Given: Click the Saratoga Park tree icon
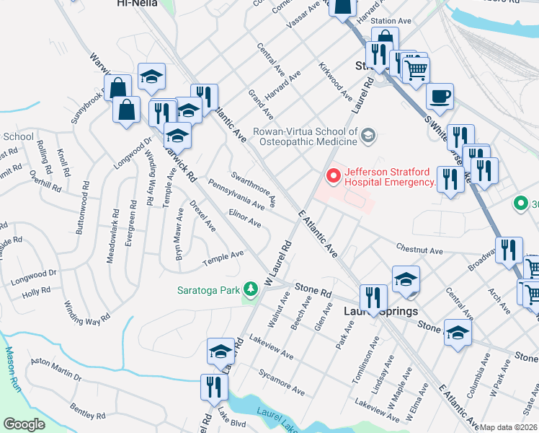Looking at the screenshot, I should [250, 289].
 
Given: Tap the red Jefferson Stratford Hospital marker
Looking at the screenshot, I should [334, 175].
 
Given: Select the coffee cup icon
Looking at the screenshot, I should [439, 95].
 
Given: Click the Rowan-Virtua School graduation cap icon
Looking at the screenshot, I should [368, 135].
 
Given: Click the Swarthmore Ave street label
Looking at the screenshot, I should [253, 188].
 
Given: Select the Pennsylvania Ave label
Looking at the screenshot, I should [238, 192].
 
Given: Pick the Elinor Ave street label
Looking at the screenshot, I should [244, 219].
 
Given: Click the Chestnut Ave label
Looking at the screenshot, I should [419, 249].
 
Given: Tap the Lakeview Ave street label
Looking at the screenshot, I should [271, 346].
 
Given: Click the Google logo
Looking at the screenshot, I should [23, 424].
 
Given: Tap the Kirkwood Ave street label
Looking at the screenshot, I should [337, 81].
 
